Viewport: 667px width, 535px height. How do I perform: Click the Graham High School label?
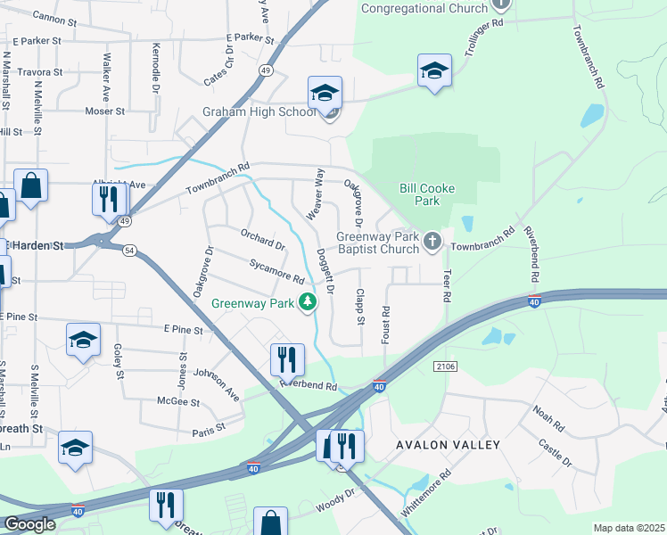click(x=259, y=111)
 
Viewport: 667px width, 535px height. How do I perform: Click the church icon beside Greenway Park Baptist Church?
click(x=432, y=241)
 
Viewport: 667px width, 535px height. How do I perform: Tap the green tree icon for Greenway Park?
click(x=308, y=303)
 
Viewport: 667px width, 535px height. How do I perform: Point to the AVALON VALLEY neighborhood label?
click(x=450, y=444)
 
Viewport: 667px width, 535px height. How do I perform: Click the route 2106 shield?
click(x=446, y=366)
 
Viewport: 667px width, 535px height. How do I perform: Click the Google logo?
click(x=29, y=523)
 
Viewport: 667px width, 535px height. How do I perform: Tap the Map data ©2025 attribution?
click(x=629, y=528)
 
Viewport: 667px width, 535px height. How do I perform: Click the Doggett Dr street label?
click(x=325, y=271)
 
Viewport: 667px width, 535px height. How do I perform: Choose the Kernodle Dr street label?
click(x=155, y=69)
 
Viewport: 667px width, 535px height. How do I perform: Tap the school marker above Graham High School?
click(x=325, y=93)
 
